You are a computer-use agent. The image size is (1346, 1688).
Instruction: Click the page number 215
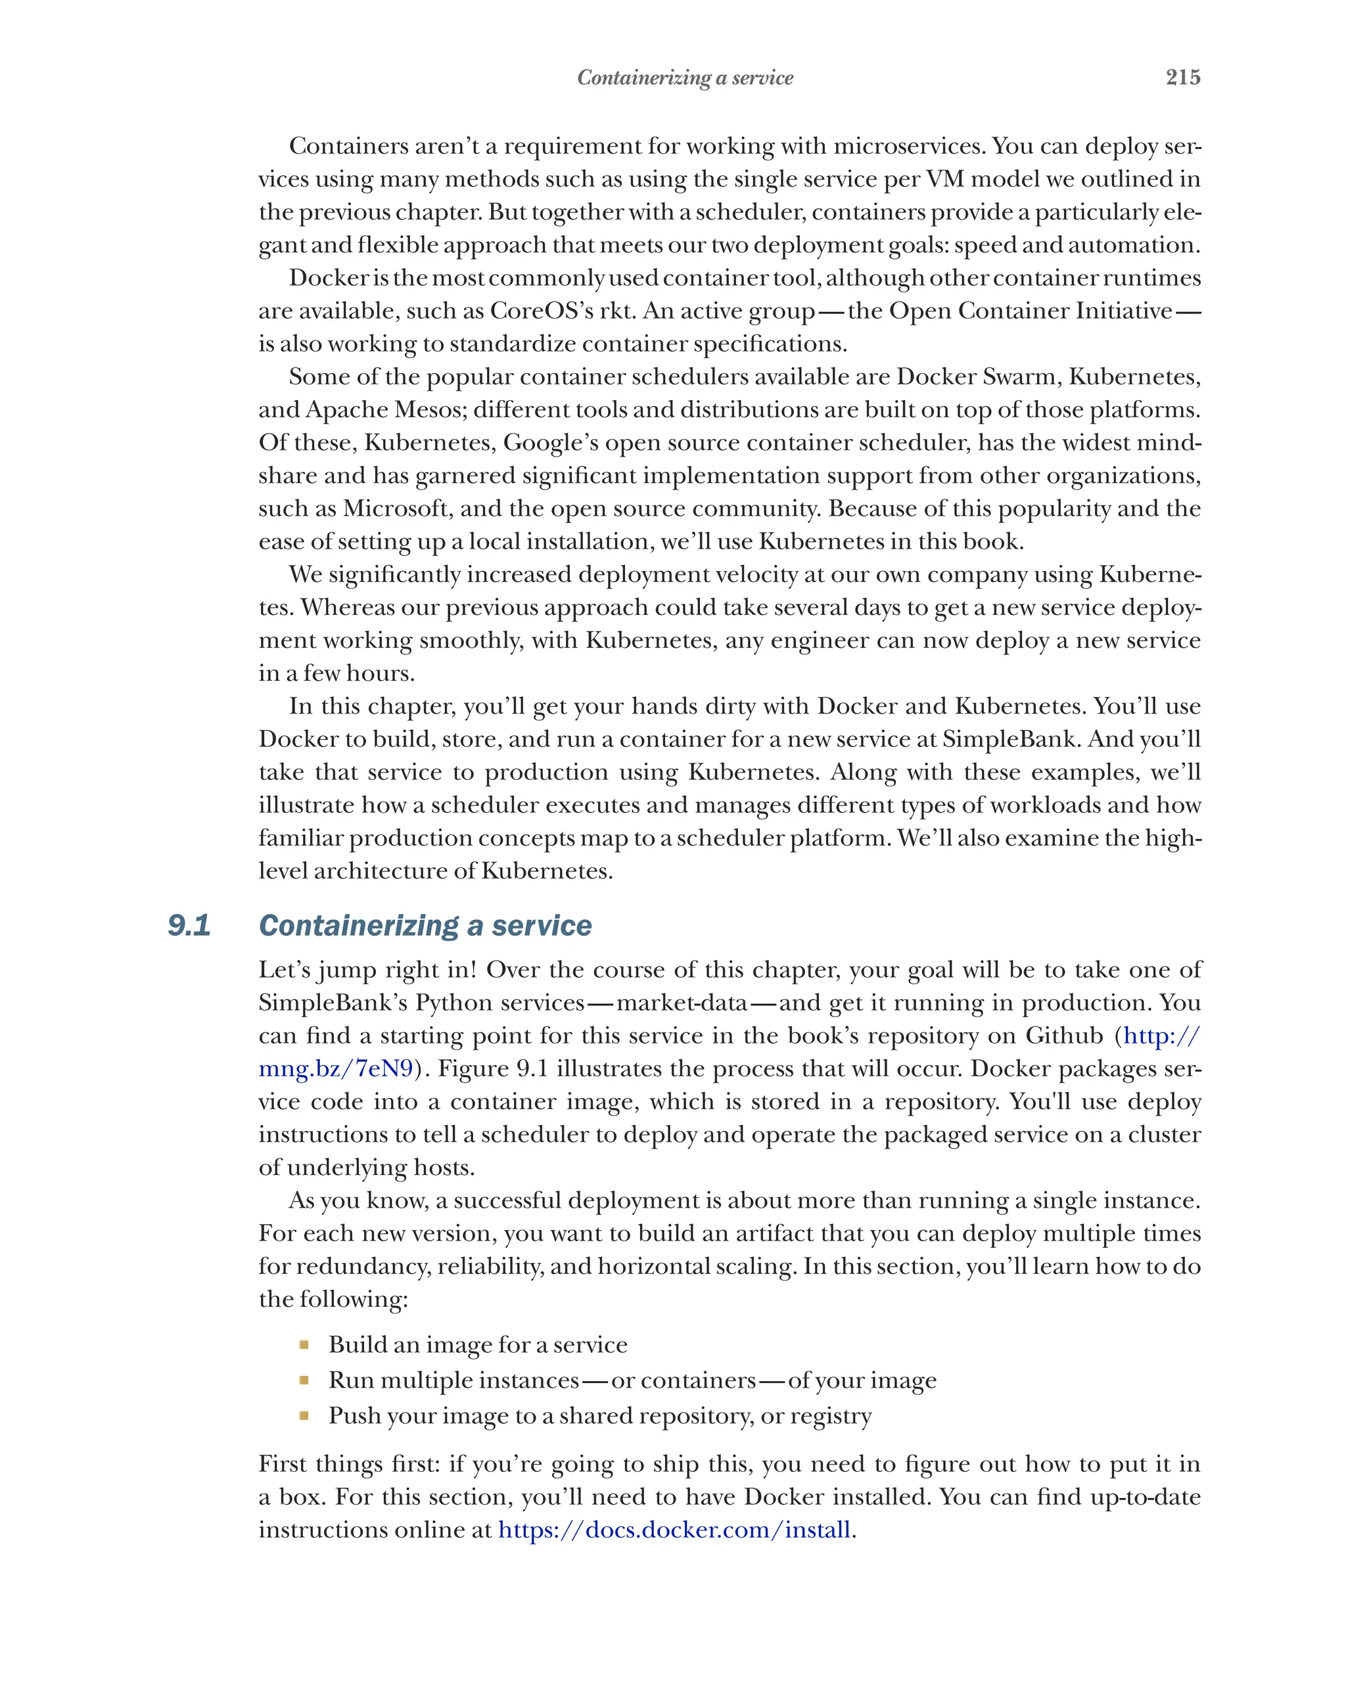point(1182,77)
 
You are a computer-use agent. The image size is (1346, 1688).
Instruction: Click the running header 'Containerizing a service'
point(684,78)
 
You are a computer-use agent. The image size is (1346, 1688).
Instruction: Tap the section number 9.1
point(189,925)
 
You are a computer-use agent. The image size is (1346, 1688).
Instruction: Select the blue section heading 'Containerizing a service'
point(425,925)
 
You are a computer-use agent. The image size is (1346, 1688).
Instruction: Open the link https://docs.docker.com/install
point(674,1530)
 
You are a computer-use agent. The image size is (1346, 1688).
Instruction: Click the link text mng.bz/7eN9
point(336,1068)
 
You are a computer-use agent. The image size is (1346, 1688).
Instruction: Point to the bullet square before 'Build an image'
point(304,1345)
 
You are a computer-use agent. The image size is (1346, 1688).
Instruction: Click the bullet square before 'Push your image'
point(304,1415)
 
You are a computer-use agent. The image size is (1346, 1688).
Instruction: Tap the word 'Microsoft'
point(397,509)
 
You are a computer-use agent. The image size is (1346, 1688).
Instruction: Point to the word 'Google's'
point(551,443)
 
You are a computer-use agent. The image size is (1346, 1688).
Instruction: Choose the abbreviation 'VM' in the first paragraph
point(945,179)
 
